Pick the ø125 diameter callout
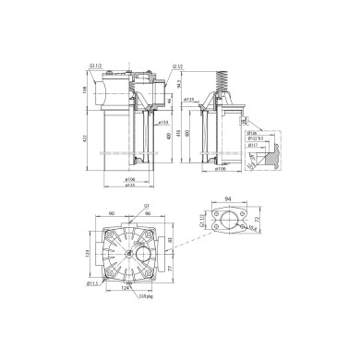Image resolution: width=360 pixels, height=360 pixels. tap(188, 100)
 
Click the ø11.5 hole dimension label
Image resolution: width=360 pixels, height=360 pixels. tap(93, 283)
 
